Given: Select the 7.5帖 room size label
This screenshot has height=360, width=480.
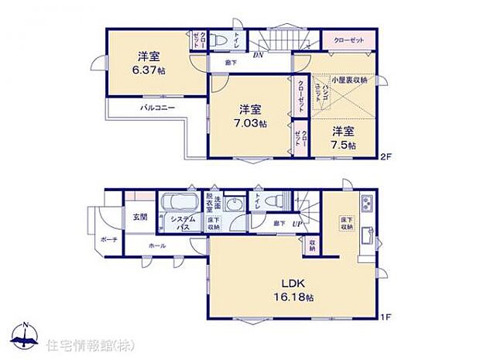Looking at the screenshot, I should tap(343, 145).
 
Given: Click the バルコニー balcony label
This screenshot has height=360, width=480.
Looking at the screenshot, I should tap(157, 108).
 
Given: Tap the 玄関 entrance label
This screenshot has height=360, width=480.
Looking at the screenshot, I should tap(139, 218).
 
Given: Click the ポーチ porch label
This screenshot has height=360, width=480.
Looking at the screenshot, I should tap(108, 240).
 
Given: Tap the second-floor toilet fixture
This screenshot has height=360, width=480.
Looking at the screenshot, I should tap(219, 38).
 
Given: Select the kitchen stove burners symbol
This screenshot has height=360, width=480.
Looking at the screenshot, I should tap(366, 205).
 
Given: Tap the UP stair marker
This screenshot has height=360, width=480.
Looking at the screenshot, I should tap(296, 224).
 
